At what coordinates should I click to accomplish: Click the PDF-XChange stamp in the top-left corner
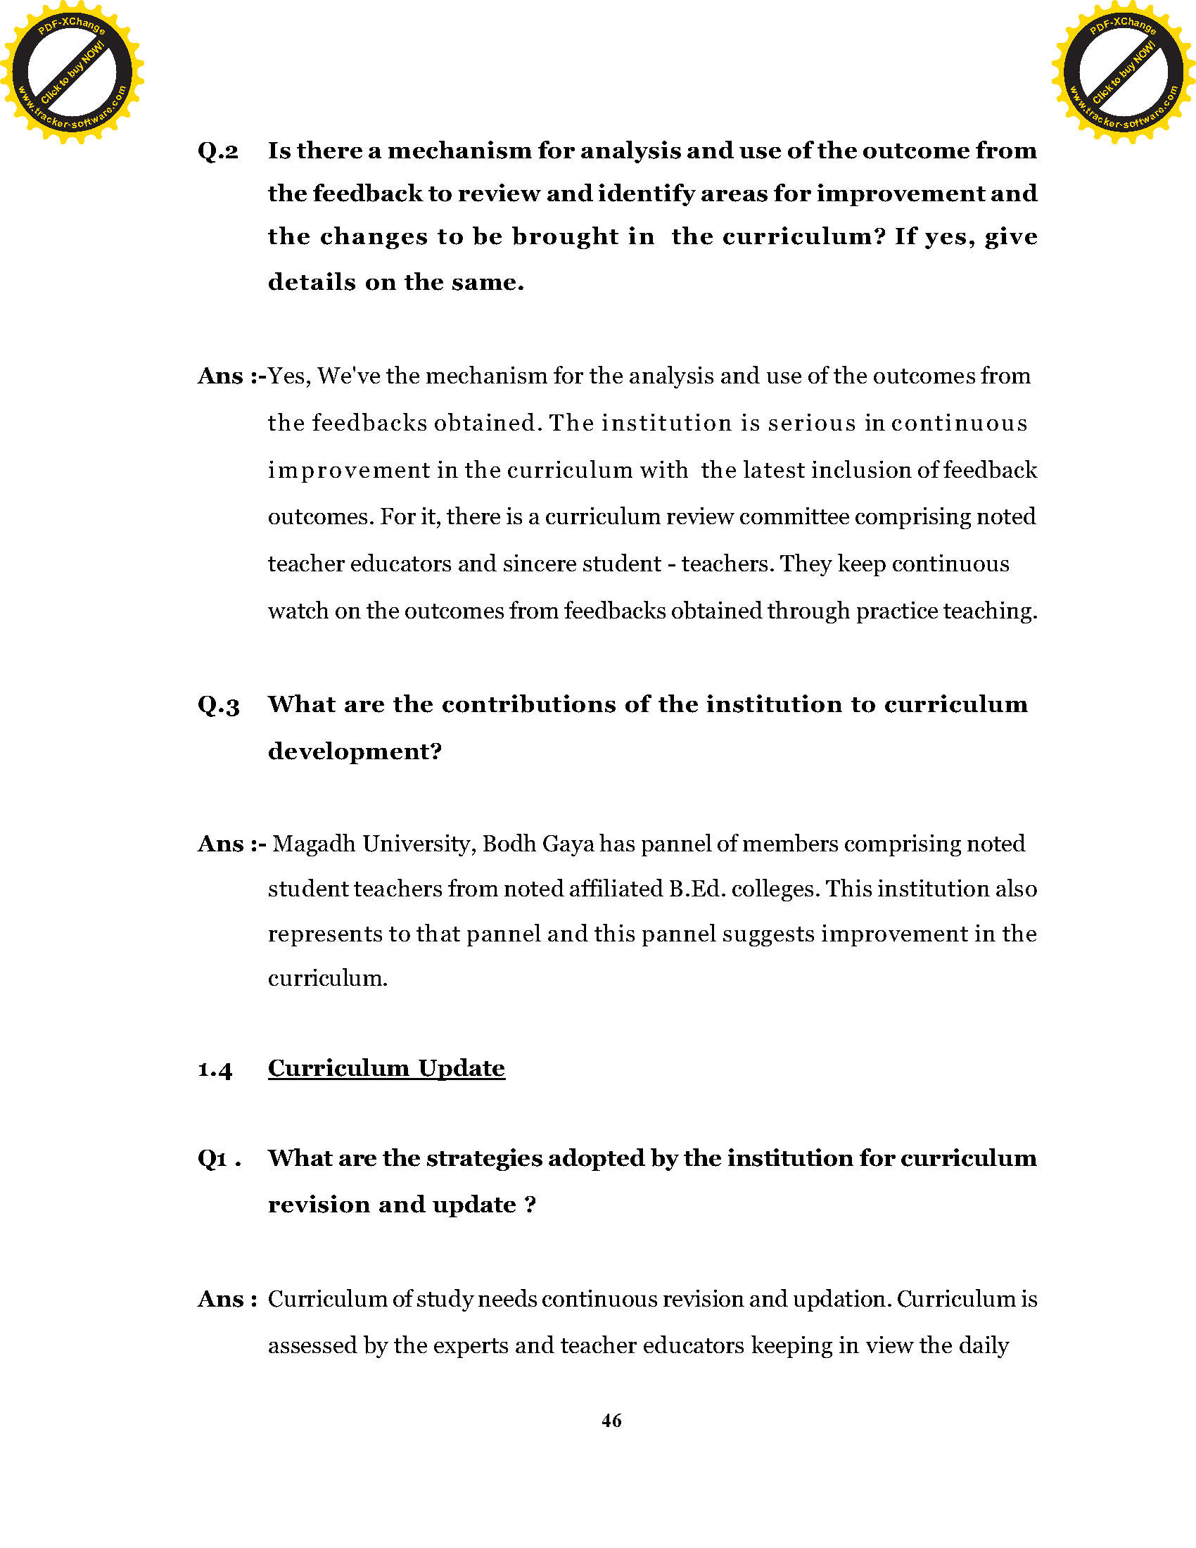tap(72, 72)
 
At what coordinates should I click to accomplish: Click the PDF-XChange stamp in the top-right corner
tap(1123, 72)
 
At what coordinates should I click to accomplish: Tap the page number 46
tap(611, 1421)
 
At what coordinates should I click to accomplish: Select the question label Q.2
tap(218, 151)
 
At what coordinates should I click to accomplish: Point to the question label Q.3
tap(218, 705)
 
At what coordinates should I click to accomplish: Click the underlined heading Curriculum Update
tap(386, 1068)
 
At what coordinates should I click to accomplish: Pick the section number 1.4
tap(215, 1070)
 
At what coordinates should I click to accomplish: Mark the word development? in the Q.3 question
tap(355, 751)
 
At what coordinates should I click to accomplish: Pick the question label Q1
tap(212, 1159)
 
